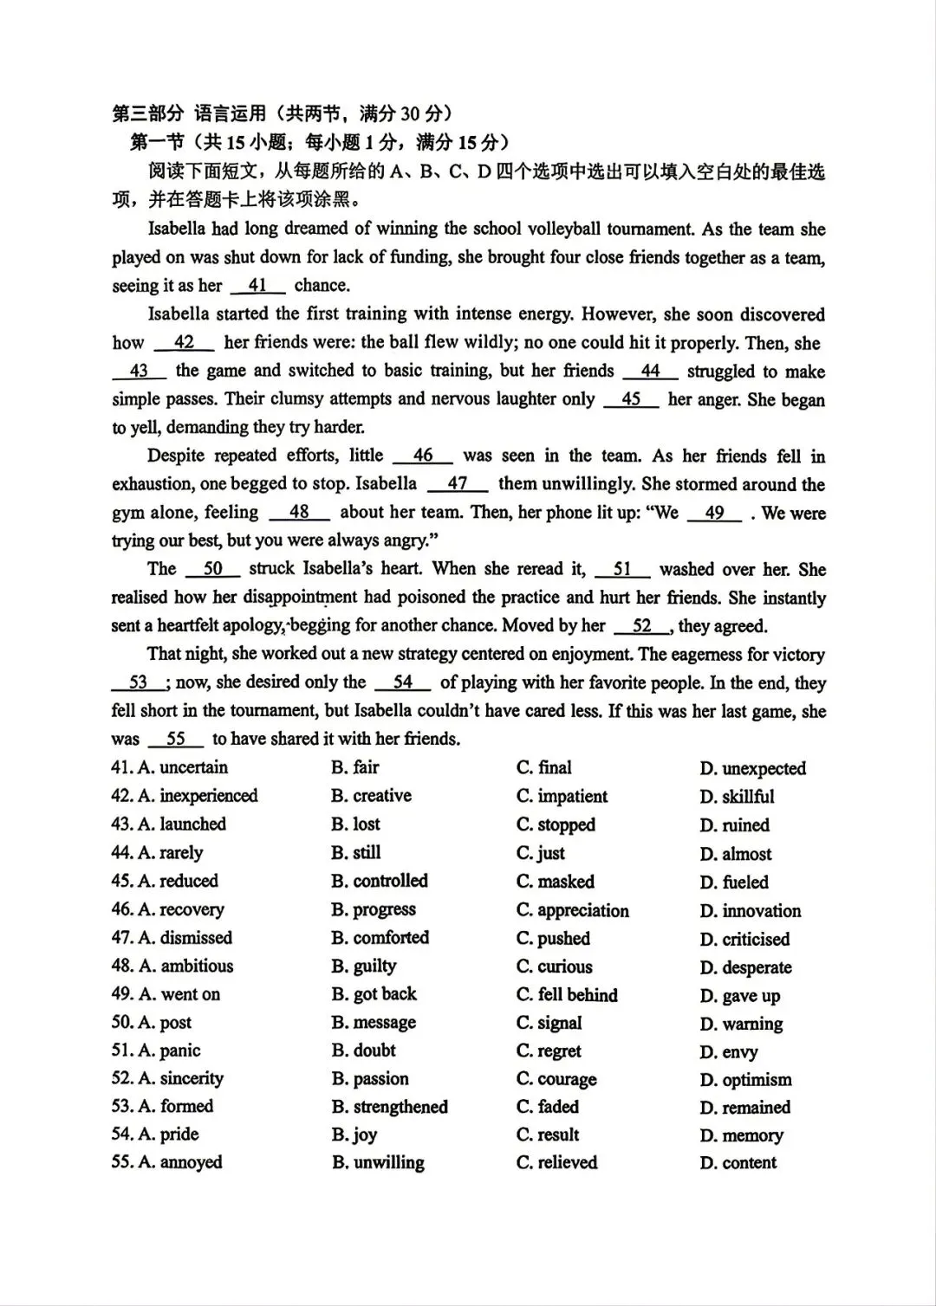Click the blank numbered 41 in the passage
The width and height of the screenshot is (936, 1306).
pos(257,286)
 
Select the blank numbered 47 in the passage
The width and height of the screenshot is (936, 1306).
pos(458,484)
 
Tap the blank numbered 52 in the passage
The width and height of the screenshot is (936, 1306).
pos(642,626)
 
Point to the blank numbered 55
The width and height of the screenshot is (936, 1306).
pos(176,740)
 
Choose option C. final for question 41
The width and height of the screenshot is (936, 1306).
pos(544,767)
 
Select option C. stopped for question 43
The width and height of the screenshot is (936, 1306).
pos(556,824)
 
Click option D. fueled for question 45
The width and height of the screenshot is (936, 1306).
pos(734,882)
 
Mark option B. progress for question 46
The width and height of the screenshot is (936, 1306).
pos(374,910)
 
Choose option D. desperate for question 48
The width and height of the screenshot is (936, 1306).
pos(745,967)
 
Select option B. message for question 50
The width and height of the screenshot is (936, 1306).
pos(374,1023)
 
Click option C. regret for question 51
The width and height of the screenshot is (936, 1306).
pos(549,1051)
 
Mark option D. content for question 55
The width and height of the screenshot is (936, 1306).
pos(738,1163)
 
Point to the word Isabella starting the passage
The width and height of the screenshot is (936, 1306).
pos(177,230)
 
